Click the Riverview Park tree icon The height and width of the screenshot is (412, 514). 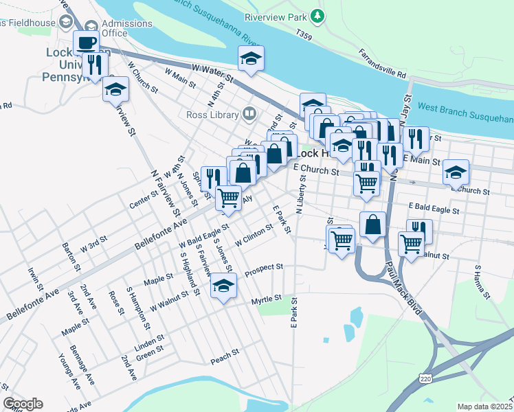click(316, 15)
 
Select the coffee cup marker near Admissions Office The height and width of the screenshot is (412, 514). click(86, 43)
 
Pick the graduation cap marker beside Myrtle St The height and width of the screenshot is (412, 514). click(223, 286)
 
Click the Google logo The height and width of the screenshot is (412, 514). click(23, 404)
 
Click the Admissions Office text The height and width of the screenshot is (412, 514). click(126, 28)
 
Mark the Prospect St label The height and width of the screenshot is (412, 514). click(264, 267)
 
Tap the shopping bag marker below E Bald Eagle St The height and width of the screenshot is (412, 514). click(372, 225)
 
